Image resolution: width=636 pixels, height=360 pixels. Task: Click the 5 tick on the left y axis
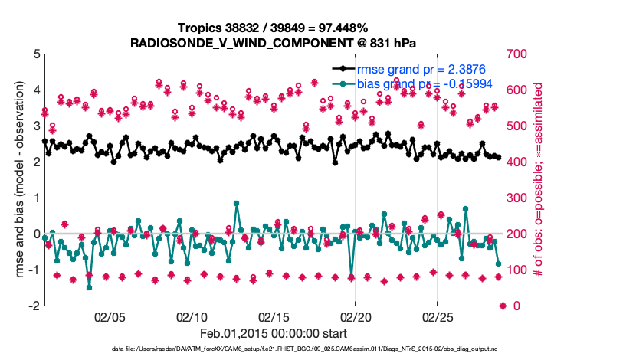tap(36, 54)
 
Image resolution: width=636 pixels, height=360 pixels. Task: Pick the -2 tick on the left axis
tap(34, 306)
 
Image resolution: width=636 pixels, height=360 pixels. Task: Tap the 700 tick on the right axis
tap(520, 54)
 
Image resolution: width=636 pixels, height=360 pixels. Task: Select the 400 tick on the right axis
tap(520, 162)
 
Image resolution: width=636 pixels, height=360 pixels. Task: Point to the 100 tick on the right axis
tap(520, 270)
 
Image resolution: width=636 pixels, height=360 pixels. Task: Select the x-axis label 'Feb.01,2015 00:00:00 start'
tap(273, 333)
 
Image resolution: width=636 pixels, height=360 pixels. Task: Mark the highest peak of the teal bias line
tap(236, 204)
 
